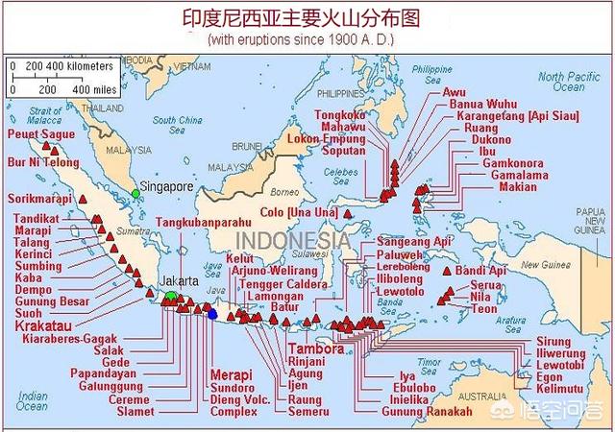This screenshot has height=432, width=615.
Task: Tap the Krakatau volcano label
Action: click(x=41, y=326)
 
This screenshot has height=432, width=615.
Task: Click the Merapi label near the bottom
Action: click(x=231, y=374)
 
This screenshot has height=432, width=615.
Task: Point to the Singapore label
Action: click(x=167, y=185)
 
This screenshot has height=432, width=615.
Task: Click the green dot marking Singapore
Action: click(x=136, y=194)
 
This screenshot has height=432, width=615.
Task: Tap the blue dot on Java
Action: click(x=212, y=314)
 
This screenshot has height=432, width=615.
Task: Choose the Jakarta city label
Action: click(x=180, y=281)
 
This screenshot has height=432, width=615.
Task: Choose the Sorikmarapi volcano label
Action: click(x=41, y=198)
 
